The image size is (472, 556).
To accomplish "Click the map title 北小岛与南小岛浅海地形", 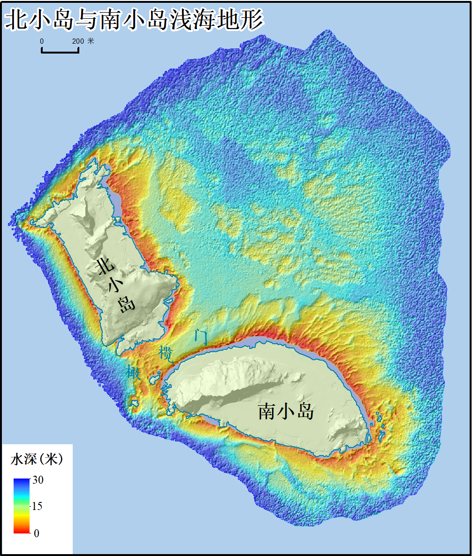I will click(133, 20).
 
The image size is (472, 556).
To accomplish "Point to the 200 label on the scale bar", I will click(78, 41).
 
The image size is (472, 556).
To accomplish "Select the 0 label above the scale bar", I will click(42, 41).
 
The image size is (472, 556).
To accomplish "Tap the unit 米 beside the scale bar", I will click(91, 41).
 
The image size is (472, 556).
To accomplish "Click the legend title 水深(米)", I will click(37, 459).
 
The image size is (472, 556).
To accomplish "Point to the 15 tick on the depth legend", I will click(37, 506).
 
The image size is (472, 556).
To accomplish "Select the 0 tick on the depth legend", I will click(36, 533).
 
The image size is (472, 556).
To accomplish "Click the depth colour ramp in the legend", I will click(22, 506).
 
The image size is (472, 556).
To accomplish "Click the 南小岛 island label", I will click(286, 412).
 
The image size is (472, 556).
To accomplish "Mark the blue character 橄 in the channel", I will click(133, 372).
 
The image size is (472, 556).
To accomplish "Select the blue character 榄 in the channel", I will click(167, 353).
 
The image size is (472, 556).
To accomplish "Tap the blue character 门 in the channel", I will click(200, 336).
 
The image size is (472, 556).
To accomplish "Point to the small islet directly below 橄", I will click(134, 403).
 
